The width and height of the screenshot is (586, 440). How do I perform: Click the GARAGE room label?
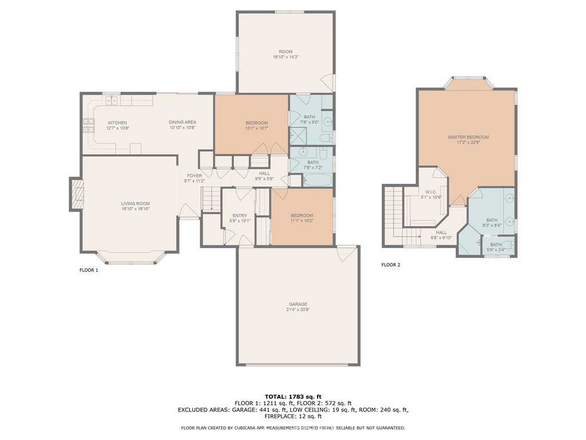(x=298, y=304)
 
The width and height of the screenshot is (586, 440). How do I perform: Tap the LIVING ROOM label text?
(x=135, y=203)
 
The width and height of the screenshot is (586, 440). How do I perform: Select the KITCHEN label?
(x=117, y=123)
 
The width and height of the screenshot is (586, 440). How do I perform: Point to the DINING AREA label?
(x=182, y=122)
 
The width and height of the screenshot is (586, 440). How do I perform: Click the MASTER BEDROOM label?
(x=468, y=137)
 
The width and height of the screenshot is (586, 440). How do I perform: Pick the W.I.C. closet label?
(x=431, y=191)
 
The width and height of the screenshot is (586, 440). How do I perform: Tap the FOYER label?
(x=195, y=175)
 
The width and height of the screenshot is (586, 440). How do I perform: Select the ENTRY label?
(x=240, y=215)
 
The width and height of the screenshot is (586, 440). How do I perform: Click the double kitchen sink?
(x=111, y=101)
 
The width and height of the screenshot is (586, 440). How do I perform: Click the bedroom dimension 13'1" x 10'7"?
(x=257, y=128)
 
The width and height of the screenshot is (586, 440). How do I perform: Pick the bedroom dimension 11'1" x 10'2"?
(x=302, y=221)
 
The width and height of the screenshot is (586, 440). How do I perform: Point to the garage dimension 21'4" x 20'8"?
(x=298, y=310)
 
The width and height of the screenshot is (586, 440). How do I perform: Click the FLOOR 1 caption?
(x=89, y=270)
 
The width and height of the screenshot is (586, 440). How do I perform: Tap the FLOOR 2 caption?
(x=391, y=265)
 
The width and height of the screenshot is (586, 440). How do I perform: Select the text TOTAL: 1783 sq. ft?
(x=293, y=396)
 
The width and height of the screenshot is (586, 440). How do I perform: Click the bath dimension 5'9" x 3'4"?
(x=496, y=250)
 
